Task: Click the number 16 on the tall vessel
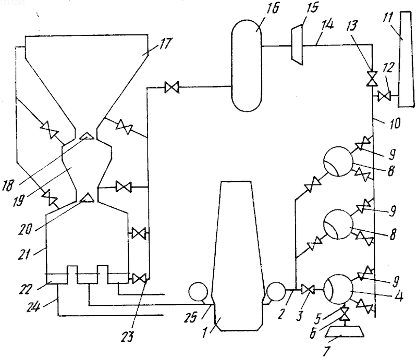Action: point(271,9)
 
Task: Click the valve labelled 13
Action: point(372,79)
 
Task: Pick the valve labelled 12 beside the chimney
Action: point(384,96)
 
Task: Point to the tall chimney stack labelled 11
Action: point(407,59)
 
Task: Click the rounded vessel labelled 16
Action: point(247,66)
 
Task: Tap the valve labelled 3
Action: point(308,290)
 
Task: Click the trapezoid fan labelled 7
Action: point(345,331)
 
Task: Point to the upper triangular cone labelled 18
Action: point(87,136)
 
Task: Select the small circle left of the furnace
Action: point(198,292)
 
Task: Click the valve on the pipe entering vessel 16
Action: point(172,88)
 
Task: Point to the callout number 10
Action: point(395,124)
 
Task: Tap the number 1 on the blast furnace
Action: point(205,332)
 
